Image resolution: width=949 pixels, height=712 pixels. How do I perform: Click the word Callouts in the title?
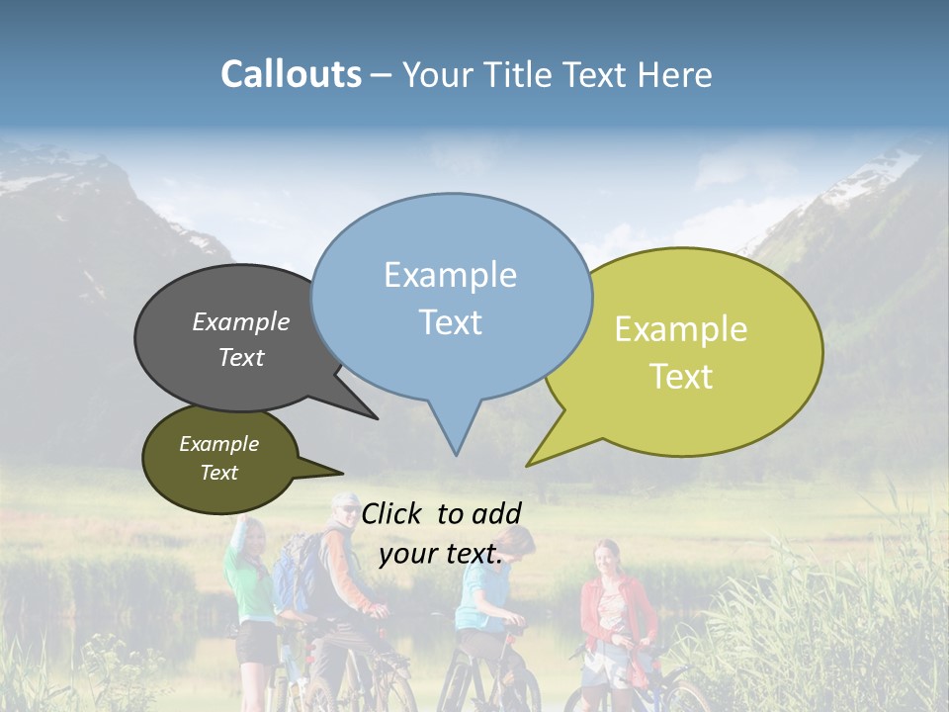coord(291,75)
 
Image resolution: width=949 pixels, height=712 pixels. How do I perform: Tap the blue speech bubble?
coord(451,297)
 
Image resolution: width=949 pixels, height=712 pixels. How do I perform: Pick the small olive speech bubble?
coord(219,459)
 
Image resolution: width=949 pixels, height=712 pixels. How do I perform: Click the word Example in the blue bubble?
coord(450,275)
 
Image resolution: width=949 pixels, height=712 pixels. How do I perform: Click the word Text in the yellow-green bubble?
coord(682,377)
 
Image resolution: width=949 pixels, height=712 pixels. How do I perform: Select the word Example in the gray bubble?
coord(241,322)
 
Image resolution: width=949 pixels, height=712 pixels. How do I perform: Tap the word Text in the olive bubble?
coord(219,473)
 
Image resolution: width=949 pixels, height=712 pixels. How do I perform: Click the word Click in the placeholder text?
coord(394,514)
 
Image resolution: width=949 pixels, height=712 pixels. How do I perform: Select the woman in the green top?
coord(249,583)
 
